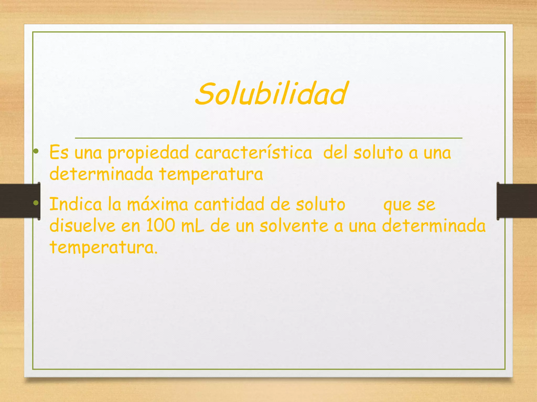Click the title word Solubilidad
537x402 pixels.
(x=271, y=94)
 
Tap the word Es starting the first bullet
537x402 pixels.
(x=59, y=152)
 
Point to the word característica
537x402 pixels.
(x=254, y=152)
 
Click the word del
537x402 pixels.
(x=335, y=152)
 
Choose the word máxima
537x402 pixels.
(x=157, y=205)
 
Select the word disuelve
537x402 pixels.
(x=82, y=226)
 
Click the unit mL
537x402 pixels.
(x=192, y=226)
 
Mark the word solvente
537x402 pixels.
(x=294, y=226)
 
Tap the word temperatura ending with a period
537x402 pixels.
(x=104, y=248)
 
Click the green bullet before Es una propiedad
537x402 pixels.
(x=36, y=151)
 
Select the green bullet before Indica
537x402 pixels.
(x=36, y=203)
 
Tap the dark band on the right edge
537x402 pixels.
(x=518, y=201)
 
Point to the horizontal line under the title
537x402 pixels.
(x=268, y=138)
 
